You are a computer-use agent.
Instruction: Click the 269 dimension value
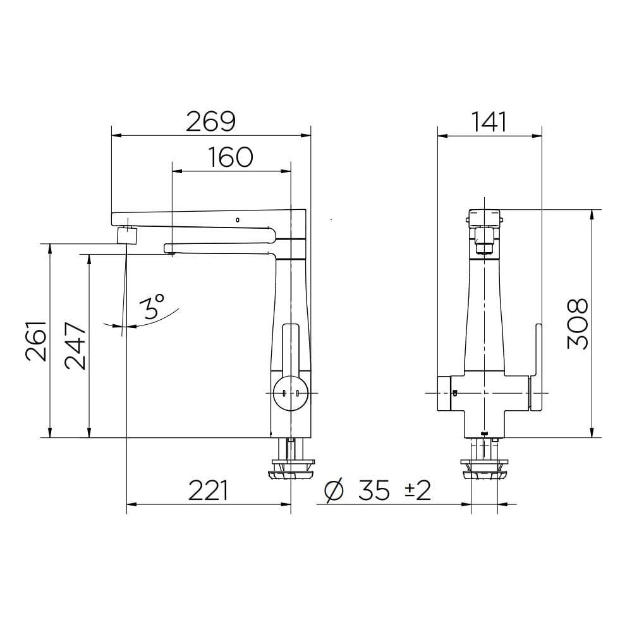coord(210,121)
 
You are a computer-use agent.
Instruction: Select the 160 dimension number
coord(231,157)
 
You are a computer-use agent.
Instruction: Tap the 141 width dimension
coord(489,121)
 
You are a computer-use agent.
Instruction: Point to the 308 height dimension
coord(578,324)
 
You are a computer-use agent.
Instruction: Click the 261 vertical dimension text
coord(37,341)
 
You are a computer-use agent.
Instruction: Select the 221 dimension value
coord(208,490)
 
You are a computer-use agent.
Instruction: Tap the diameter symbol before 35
coord(333,490)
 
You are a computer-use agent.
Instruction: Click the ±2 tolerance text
coord(418,490)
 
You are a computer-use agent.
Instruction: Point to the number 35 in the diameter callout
coord(374,490)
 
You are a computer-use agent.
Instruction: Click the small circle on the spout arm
coord(237,219)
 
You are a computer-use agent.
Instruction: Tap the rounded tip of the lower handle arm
coord(168,247)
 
